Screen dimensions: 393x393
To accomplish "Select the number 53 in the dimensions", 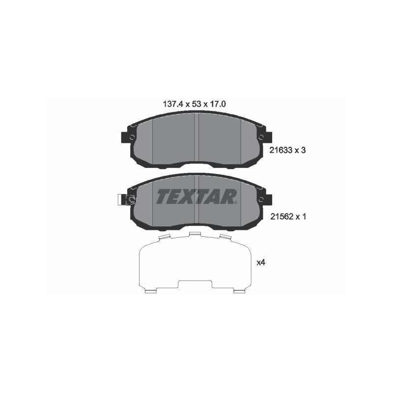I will (193, 104).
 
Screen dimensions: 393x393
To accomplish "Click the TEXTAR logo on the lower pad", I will (196, 196).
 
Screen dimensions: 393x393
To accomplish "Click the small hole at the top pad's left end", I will (132, 137).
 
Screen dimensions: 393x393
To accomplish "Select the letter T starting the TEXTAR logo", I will (163, 196).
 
